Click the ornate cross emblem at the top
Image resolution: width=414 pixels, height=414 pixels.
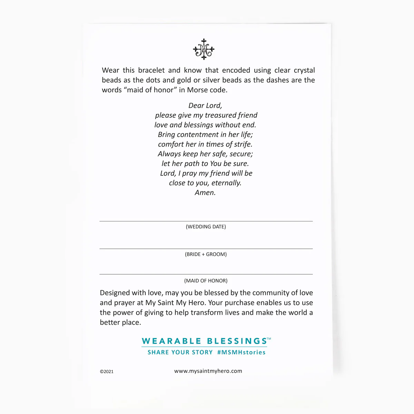coord(204,49)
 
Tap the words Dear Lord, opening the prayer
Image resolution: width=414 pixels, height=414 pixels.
coord(205,106)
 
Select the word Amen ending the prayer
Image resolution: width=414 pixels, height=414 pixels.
coord(205,193)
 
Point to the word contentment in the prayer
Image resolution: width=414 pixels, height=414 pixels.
coord(198,135)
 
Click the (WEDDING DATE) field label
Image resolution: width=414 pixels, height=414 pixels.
coord(206,227)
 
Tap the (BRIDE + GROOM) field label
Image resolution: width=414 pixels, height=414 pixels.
coord(206,254)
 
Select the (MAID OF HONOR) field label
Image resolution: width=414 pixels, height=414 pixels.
coord(206,281)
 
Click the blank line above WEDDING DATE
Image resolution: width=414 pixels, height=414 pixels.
coord(206,221)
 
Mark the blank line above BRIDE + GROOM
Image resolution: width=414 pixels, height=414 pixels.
coord(206,248)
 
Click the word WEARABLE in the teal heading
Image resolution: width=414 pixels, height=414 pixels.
coord(171,341)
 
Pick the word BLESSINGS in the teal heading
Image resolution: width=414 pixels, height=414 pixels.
coord(237,341)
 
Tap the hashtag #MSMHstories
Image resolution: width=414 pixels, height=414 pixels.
coord(241,352)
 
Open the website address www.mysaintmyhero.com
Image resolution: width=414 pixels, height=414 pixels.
coord(208,371)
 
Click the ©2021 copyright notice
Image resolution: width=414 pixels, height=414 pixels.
coord(107,372)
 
